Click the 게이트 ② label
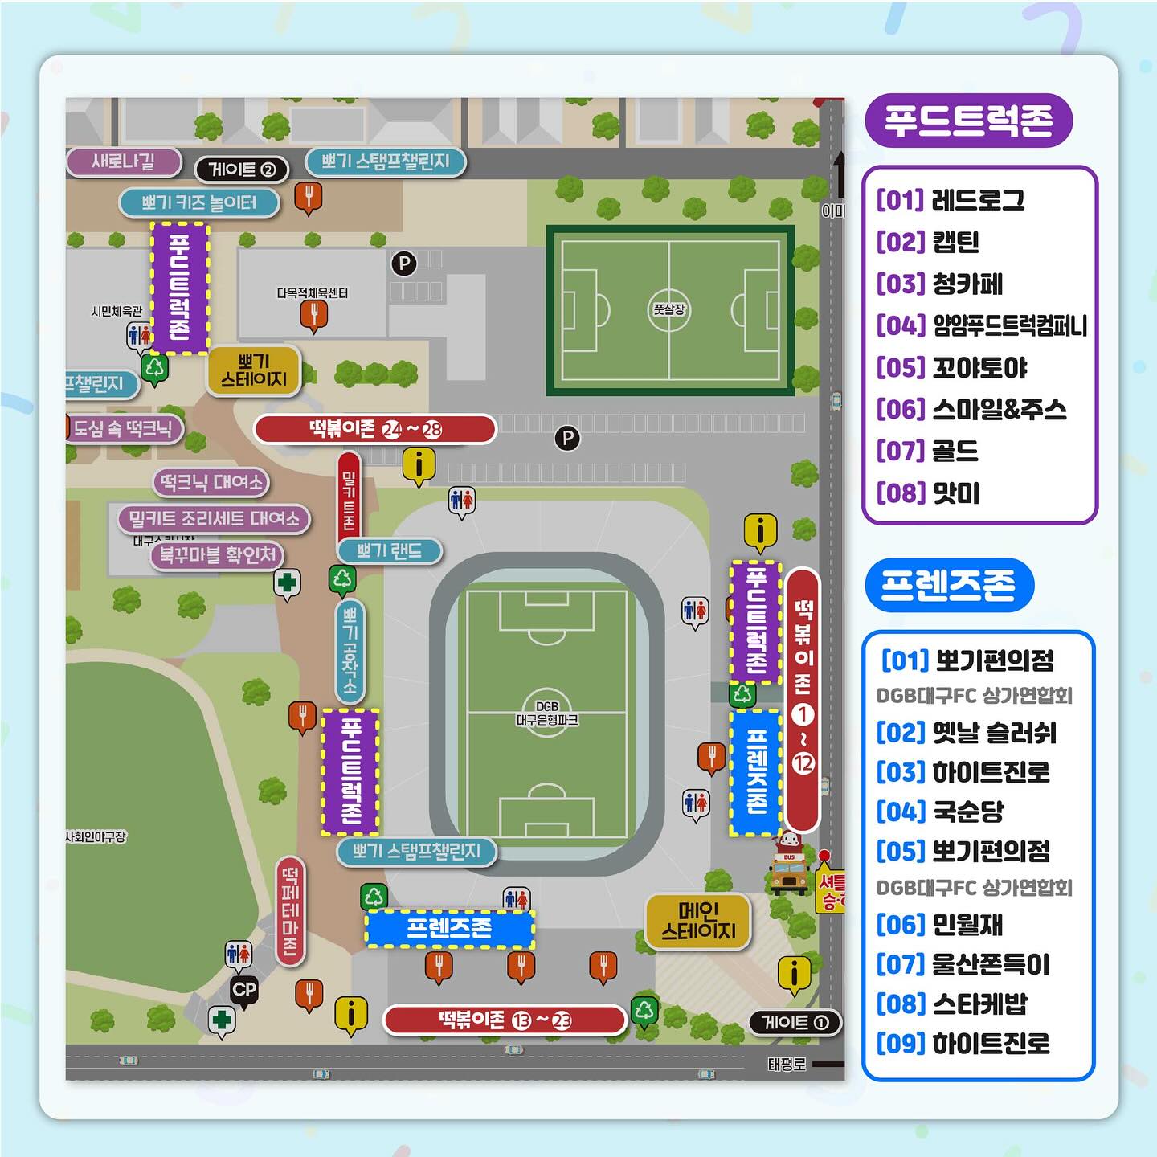[242, 170]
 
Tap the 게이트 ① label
[795, 1022]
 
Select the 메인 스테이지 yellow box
[698, 921]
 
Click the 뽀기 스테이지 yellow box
[254, 370]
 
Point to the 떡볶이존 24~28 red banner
[375, 429]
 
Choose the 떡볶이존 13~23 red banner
[505, 1020]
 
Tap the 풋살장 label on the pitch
[668, 309]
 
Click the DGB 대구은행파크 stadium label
[546, 713]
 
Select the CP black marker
[244, 990]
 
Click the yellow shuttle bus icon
[788, 866]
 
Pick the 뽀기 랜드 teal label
[389, 551]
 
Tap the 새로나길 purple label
[124, 161]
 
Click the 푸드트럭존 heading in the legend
[968, 121]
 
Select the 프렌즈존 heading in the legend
[949, 584]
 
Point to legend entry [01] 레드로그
[951, 200]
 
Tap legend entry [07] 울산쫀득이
[963, 964]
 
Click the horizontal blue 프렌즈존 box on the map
[449, 929]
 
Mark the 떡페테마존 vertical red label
[289, 910]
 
